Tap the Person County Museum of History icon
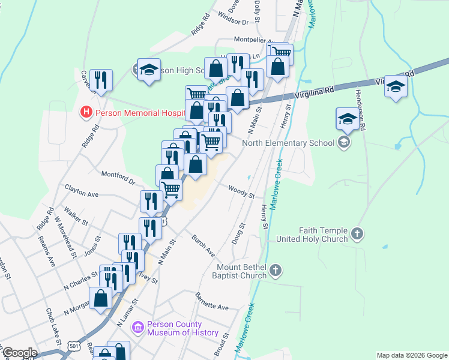[138, 327]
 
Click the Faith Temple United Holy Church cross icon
[357, 233]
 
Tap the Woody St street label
[241, 191]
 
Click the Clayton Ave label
[81, 194]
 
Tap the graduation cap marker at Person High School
[148, 69]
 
